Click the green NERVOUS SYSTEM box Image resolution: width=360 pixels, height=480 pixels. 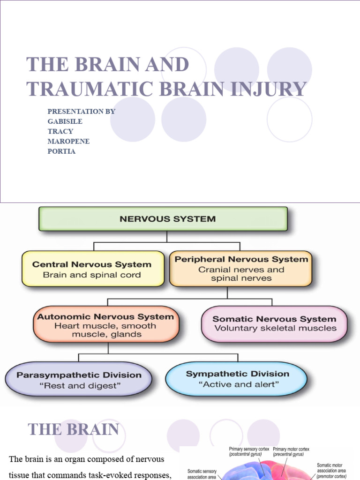163,219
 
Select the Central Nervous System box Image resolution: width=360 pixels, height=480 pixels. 92,269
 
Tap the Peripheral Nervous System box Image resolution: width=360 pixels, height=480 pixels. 241,269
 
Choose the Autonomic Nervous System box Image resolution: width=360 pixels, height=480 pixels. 105,325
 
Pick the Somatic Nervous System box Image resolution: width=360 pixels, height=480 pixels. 275,323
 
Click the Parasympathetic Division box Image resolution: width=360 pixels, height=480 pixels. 79,380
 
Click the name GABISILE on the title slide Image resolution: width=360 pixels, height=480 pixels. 65,121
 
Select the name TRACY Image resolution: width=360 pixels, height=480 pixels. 60,131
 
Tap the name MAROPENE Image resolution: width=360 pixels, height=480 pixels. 68,142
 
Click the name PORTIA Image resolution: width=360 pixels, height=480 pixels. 61,151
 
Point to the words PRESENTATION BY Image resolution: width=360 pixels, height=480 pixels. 81,112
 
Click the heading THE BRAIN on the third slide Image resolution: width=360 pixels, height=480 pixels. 73,429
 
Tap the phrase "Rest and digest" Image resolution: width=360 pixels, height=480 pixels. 79,386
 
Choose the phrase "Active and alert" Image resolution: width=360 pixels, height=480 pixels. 239,385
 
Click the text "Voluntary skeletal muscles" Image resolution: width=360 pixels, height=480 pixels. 275,328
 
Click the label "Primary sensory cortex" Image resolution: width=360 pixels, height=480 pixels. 249,449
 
